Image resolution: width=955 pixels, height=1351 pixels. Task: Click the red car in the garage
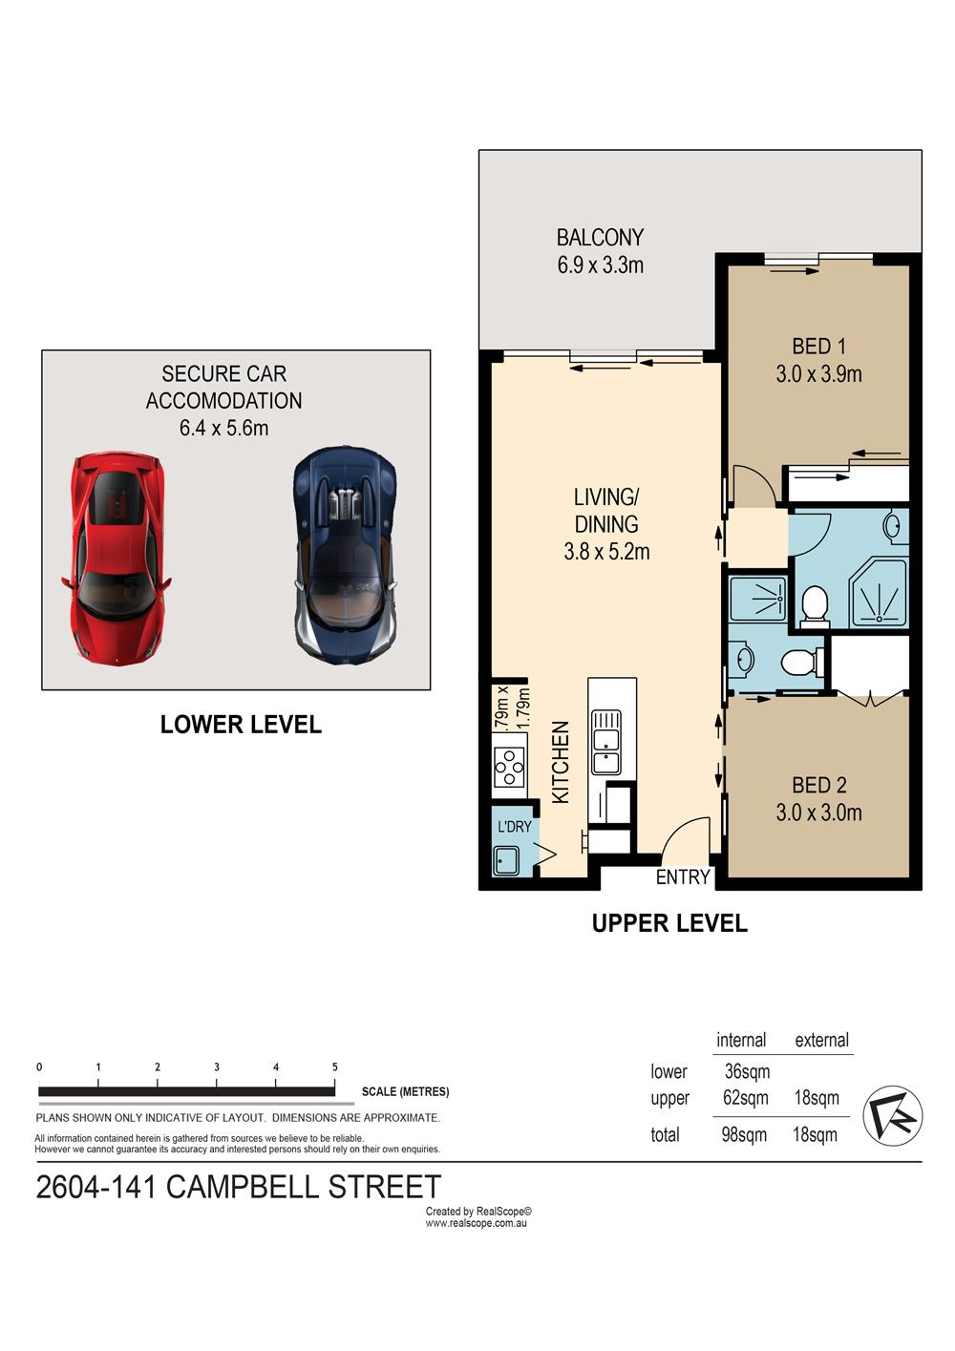click(116, 559)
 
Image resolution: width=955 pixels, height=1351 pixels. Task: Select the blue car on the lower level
click(345, 556)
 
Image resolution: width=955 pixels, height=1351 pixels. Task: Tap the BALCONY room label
click(600, 237)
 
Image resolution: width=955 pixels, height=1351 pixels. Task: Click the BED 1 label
click(818, 347)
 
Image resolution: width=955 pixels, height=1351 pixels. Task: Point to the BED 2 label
click(818, 785)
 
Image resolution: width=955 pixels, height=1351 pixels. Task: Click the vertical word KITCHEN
click(561, 762)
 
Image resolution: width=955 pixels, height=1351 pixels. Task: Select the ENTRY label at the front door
click(683, 876)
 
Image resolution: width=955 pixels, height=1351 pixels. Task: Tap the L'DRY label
click(514, 826)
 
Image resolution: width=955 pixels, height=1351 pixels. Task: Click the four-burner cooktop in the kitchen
click(510, 767)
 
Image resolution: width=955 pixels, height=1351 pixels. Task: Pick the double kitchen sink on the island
click(605, 742)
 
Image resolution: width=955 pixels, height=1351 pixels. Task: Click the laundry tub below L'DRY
click(506, 859)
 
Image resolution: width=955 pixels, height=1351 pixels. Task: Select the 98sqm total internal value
click(744, 1134)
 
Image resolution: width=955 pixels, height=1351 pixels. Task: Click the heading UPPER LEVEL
click(669, 922)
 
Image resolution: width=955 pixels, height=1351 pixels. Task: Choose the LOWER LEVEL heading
click(241, 724)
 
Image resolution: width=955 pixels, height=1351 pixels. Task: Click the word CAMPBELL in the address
click(242, 1186)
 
